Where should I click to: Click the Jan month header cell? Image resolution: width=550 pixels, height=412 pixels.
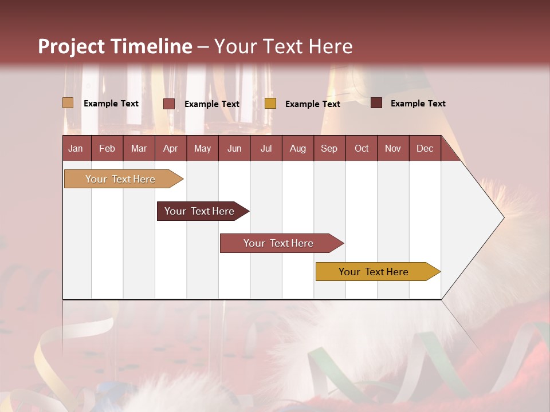click(76, 148)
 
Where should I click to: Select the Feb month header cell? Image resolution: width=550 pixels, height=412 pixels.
click(107, 148)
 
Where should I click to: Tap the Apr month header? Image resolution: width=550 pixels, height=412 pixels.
click(171, 148)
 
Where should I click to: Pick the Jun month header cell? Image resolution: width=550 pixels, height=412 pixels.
click(234, 148)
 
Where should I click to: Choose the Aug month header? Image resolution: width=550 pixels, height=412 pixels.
click(298, 148)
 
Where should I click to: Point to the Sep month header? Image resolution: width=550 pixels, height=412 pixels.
click(329, 148)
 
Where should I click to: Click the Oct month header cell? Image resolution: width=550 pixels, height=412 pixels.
click(362, 148)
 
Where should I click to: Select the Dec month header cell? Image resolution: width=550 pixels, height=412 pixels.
click(425, 148)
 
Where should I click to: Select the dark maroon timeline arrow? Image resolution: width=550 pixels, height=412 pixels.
click(201, 211)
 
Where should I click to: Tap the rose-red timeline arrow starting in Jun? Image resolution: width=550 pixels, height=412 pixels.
click(280, 243)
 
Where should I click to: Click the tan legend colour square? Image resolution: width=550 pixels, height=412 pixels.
click(68, 103)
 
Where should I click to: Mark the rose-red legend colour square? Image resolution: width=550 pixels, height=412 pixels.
click(169, 104)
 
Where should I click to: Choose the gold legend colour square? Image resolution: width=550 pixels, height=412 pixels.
click(270, 104)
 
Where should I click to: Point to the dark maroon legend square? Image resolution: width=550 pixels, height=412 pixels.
click(376, 103)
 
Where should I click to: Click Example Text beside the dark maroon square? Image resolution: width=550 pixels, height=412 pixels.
click(418, 104)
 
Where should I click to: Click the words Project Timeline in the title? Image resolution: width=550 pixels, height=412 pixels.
click(115, 46)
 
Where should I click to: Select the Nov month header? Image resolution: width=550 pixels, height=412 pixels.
click(393, 148)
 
